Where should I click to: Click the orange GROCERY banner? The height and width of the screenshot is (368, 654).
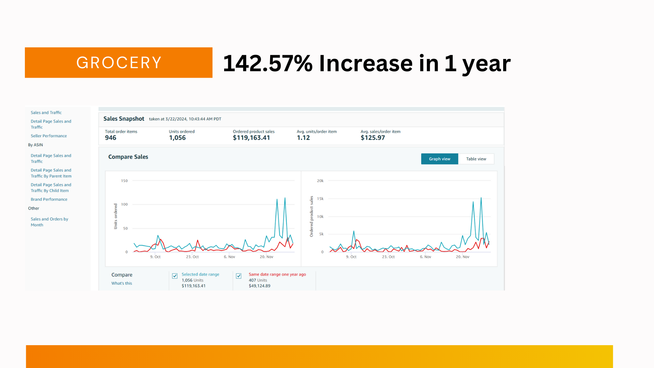click(119, 63)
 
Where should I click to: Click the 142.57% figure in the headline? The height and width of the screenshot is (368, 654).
click(268, 63)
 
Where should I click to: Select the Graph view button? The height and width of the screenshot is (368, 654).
click(439, 159)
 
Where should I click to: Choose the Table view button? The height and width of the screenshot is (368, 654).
click(476, 159)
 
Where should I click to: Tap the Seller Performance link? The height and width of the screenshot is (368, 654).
click(49, 136)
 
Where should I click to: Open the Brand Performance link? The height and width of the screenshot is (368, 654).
click(49, 199)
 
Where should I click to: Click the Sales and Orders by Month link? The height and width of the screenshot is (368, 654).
click(49, 222)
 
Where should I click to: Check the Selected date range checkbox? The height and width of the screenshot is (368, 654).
click(175, 276)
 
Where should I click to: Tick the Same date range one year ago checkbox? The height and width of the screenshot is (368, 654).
click(239, 276)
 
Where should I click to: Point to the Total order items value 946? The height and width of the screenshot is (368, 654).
click(111, 138)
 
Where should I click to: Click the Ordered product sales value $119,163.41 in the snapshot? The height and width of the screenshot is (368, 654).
click(251, 138)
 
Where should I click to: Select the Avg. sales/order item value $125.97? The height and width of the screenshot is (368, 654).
click(373, 138)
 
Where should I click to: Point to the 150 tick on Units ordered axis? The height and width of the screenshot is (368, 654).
click(124, 181)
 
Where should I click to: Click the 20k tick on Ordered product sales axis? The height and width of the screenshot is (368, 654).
click(320, 181)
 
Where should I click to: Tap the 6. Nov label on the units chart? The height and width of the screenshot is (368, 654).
click(229, 257)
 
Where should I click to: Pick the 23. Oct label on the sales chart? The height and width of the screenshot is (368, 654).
click(388, 257)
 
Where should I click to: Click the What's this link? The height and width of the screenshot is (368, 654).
click(122, 283)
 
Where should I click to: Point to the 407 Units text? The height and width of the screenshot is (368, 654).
click(258, 280)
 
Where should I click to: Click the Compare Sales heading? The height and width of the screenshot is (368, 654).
click(128, 157)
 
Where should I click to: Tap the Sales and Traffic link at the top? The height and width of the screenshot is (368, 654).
click(46, 112)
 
